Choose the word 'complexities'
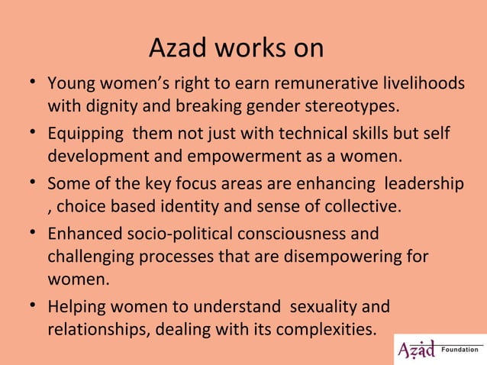coord(330,330)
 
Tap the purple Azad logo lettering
coord(416,350)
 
